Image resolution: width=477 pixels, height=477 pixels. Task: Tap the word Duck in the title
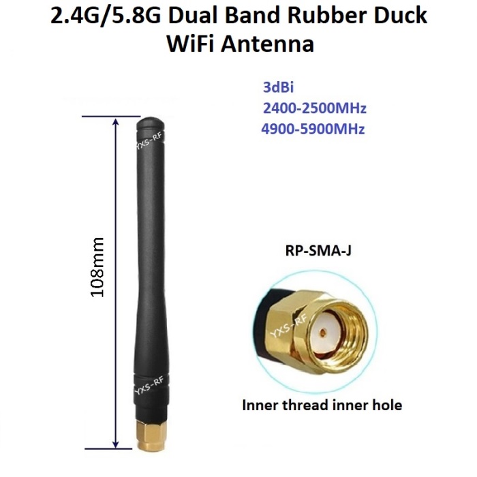click(x=401, y=16)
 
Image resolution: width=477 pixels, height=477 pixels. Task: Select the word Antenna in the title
click(x=267, y=44)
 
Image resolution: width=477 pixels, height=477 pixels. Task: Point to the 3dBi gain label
click(x=278, y=87)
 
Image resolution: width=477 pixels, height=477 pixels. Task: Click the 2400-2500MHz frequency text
click(x=315, y=108)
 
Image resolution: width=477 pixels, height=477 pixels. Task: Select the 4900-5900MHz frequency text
click(x=313, y=129)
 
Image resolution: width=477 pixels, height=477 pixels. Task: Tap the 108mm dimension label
click(x=97, y=267)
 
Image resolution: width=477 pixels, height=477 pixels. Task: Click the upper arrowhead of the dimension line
click(x=115, y=122)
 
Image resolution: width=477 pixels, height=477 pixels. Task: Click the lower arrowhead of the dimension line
click(x=115, y=444)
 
